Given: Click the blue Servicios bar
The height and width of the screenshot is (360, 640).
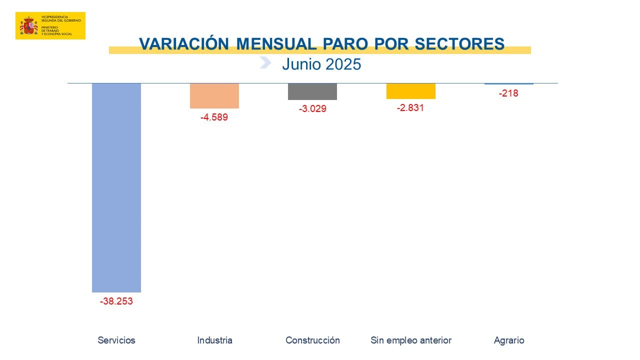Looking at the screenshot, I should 116,187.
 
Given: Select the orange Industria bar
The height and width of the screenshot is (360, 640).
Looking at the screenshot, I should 214,95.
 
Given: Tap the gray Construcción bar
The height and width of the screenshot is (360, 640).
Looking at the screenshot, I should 312,91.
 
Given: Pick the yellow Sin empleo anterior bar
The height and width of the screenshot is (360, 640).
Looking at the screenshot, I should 411,91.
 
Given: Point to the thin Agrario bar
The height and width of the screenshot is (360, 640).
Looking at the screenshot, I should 509,83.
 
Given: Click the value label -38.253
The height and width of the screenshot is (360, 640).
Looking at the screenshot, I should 116,301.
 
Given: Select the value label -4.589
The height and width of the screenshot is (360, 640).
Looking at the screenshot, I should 214,118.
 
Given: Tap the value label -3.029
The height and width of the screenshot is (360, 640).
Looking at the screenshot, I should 312,109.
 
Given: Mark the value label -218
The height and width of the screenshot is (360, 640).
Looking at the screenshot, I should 508,93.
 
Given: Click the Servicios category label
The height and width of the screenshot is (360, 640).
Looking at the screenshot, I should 116,340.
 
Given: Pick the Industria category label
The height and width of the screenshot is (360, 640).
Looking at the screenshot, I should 215,340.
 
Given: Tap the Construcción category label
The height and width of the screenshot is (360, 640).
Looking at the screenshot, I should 312,340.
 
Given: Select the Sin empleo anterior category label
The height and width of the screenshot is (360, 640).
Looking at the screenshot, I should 411,340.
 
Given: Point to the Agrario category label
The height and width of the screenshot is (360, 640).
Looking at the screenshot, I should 509,340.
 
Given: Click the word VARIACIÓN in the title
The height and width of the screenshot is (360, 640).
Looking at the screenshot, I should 184,44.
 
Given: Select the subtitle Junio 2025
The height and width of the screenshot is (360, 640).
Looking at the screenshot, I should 321,64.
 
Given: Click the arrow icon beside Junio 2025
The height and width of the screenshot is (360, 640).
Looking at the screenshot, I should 265,62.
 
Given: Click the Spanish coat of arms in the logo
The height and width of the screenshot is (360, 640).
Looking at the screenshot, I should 29,26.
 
